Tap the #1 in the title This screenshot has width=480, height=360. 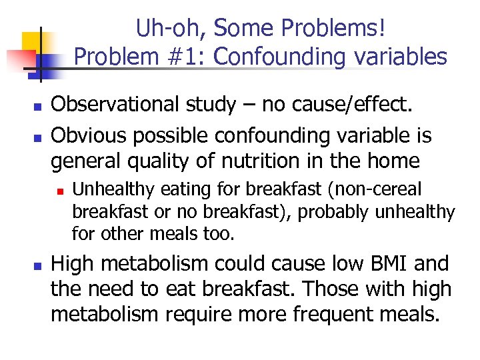(x=186, y=57)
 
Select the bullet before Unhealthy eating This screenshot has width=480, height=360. (x=59, y=191)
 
